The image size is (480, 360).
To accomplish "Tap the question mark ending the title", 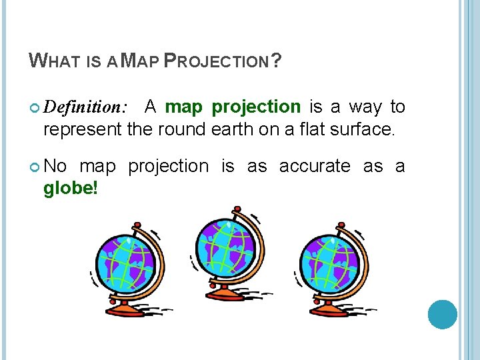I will click(276, 62).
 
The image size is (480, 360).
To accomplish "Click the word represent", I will click(82, 129).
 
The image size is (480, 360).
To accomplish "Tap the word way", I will click(366, 107).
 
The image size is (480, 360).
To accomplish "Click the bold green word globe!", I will click(71, 189).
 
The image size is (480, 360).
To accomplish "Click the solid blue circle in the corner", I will click(442, 315).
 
